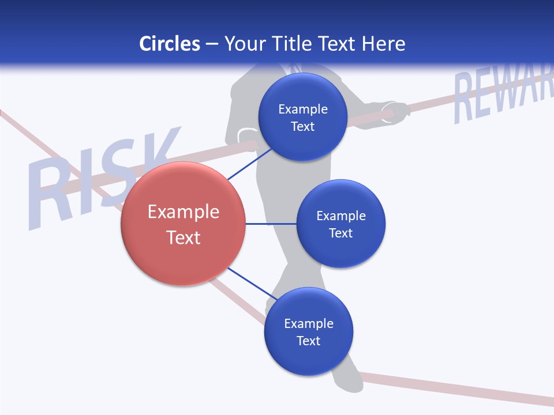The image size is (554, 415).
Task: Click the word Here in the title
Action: [383, 44]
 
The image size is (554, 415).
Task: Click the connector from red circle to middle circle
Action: [271, 224]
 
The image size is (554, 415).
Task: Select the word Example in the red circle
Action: [183, 212]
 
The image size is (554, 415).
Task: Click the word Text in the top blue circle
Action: [302, 126]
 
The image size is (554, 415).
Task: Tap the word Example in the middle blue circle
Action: [340, 216]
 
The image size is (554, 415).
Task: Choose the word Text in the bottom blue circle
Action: [308, 341]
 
